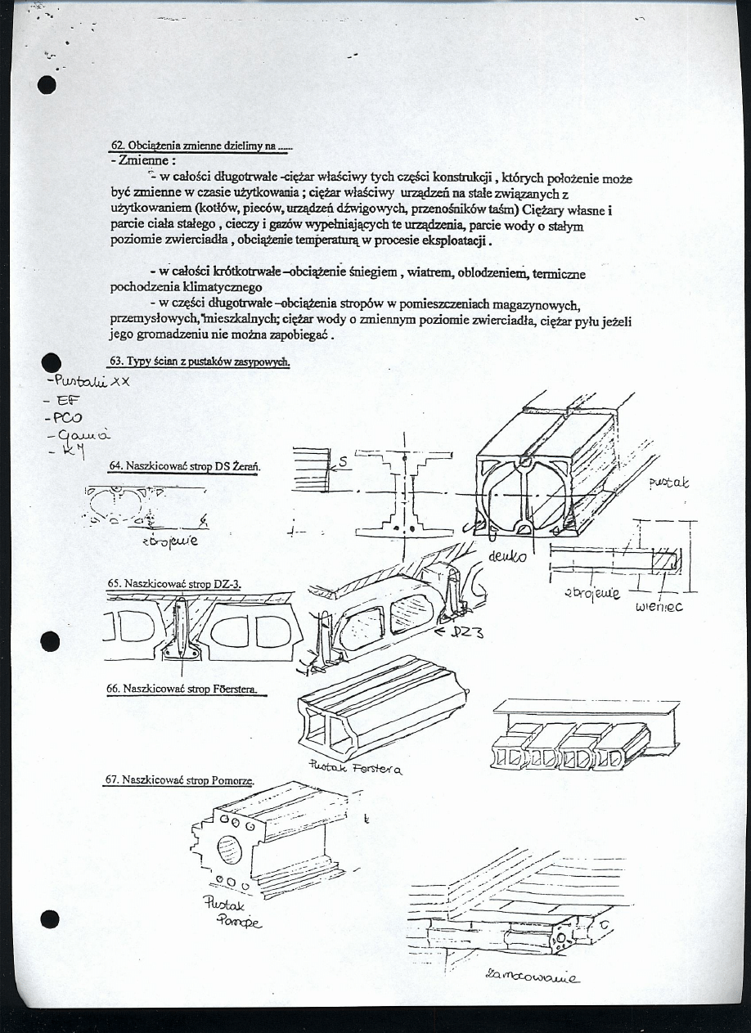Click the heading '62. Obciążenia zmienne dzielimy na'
coord(200,146)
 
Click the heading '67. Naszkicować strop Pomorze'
coord(179,780)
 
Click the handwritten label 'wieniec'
coord(659,607)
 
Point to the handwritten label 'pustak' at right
coord(668,484)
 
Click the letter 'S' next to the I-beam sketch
coord(344,462)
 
